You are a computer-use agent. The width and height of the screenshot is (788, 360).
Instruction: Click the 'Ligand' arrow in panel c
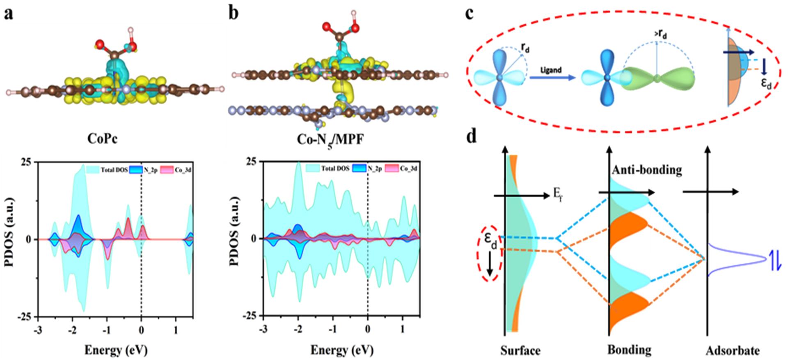tap(550, 77)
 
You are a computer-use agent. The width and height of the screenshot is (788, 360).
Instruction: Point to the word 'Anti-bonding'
tap(647, 170)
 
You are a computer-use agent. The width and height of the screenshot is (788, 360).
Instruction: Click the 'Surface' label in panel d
tap(520, 350)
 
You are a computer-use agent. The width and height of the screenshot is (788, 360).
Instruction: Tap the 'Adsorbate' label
tap(733, 351)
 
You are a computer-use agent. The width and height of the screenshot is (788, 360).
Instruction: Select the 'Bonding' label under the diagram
tap(629, 350)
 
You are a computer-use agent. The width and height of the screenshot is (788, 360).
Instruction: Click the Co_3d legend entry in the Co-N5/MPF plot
tap(403, 168)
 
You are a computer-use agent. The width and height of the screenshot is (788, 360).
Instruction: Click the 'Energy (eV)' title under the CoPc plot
tap(116, 350)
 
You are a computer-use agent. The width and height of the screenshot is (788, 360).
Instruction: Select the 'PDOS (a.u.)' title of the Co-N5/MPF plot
tap(234, 238)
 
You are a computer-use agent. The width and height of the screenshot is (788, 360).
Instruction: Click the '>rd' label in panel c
tap(658, 35)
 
